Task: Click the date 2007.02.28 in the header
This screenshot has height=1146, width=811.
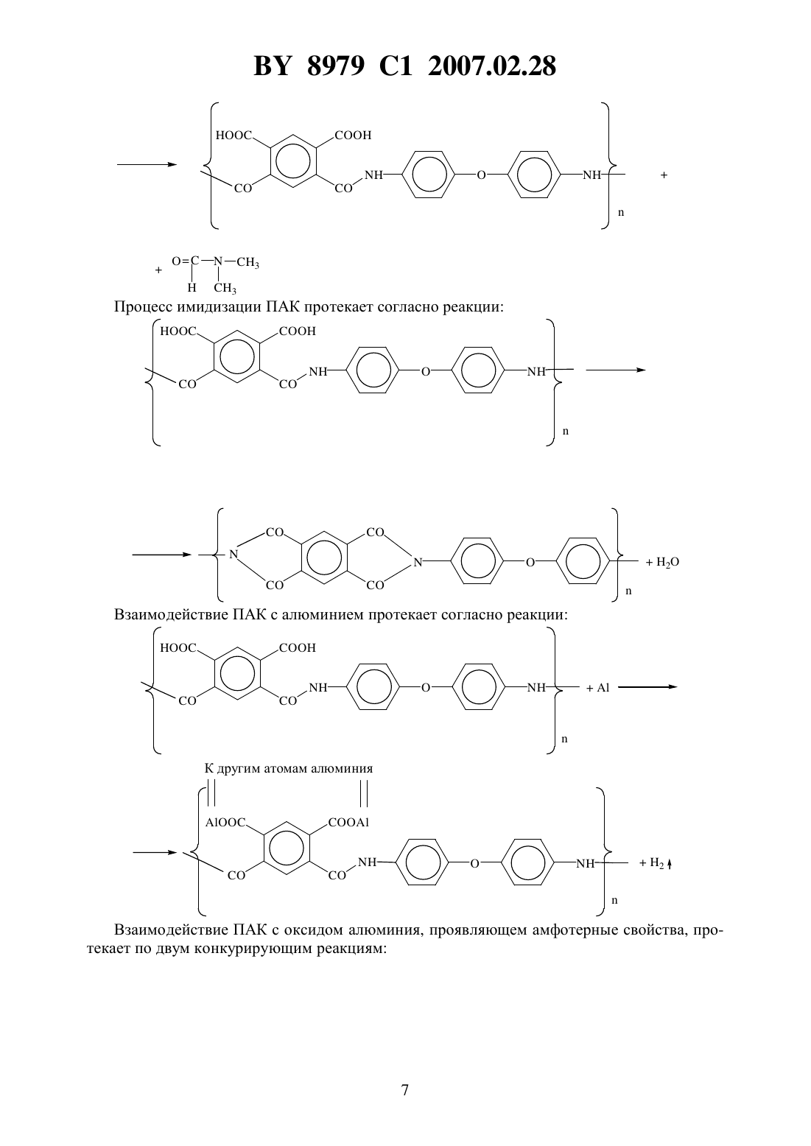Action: point(492,66)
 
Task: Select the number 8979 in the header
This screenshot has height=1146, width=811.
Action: point(336,66)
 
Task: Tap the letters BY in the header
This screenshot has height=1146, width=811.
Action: point(273,66)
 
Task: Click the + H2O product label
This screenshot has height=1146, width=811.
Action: point(663,562)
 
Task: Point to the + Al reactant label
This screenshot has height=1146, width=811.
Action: point(598,688)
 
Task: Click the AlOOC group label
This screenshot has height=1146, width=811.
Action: point(225,823)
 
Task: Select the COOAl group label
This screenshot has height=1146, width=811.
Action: point(348,823)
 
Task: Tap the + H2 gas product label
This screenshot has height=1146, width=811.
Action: point(656,863)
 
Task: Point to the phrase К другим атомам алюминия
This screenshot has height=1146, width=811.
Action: point(289,768)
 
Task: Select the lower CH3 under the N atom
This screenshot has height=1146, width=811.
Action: point(225,288)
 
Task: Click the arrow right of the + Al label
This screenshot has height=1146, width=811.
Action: point(647,687)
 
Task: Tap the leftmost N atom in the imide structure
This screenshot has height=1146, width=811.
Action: point(234,554)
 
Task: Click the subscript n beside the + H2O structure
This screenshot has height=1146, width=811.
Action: point(629,591)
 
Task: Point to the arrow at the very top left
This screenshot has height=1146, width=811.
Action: point(147,164)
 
